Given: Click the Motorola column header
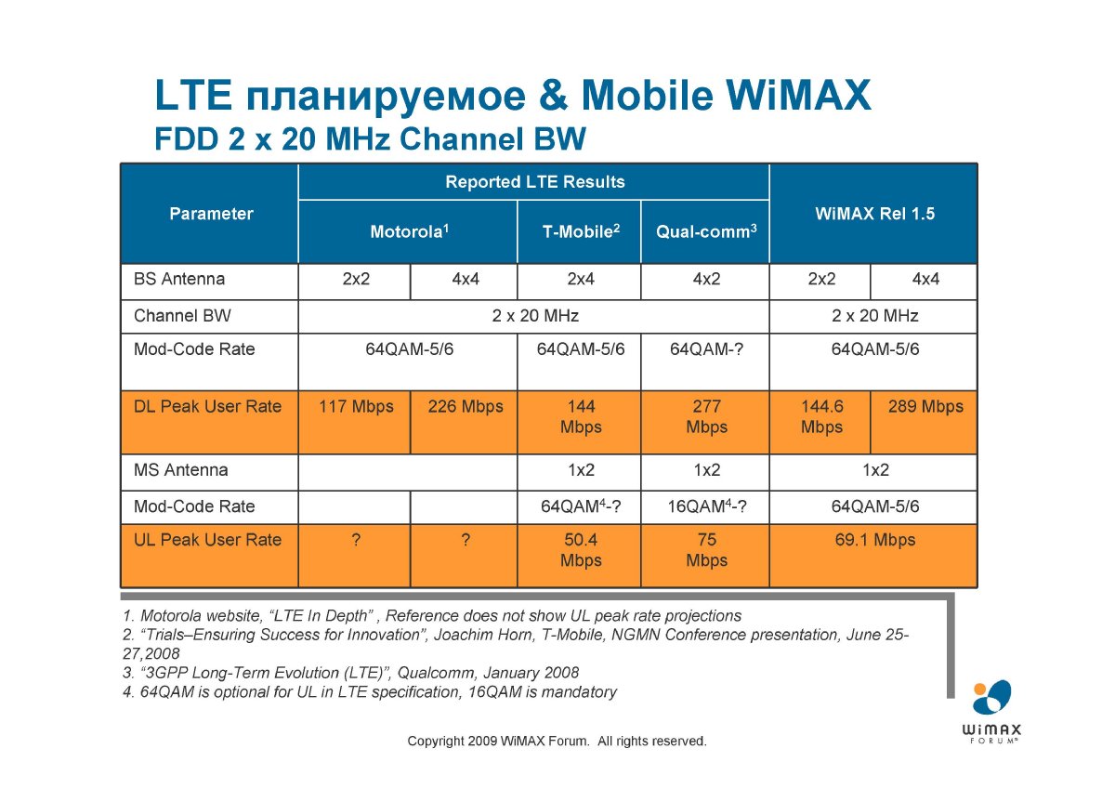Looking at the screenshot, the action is (x=409, y=231).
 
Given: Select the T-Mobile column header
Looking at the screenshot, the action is (x=581, y=231).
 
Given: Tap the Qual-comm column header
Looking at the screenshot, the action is (x=706, y=231).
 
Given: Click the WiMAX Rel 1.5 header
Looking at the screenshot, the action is (x=874, y=214).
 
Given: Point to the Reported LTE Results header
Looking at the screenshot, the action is (x=535, y=182).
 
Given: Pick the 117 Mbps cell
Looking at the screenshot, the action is (x=356, y=406).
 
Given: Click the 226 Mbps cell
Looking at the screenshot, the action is (x=466, y=406).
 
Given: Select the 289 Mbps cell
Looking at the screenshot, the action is (x=925, y=406).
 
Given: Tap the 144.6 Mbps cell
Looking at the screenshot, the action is (x=821, y=416).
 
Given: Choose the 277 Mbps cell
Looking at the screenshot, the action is (x=706, y=416).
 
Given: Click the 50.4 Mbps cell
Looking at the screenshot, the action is (x=581, y=549).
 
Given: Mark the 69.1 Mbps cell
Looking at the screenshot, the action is (x=875, y=540).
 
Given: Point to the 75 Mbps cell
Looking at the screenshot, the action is (x=706, y=549).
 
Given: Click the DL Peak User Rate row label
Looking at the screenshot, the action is (x=207, y=406).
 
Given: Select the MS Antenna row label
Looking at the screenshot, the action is (x=180, y=469).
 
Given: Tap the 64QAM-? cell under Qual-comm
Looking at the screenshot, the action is (x=706, y=349).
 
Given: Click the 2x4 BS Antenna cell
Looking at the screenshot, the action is (x=581, y=279).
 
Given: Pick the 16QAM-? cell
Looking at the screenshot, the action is (x=707, y=506).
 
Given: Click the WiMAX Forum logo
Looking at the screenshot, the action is (x=991, y=711).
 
